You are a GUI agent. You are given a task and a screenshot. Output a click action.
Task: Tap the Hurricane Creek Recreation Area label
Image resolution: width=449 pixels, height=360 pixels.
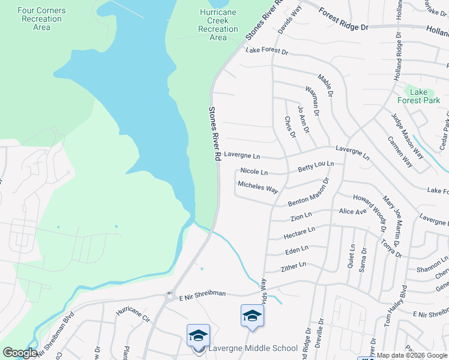[218, 25]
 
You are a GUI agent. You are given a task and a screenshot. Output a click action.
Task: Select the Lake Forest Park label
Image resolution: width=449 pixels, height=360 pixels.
[418, 96]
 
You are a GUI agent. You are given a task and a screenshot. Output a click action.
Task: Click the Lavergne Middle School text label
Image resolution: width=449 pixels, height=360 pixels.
[253, 349]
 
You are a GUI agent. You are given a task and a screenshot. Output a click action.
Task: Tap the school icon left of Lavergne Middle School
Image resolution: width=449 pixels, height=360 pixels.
[198, 335]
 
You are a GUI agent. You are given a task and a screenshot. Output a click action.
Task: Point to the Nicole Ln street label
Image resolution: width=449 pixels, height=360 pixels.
[254, 172]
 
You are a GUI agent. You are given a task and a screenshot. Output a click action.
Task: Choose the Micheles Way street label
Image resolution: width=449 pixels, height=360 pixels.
[258, 187]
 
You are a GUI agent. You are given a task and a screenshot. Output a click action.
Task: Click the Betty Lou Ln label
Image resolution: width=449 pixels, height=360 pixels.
[316, 167]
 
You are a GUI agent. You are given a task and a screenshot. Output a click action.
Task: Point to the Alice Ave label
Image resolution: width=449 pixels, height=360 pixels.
[352, 212]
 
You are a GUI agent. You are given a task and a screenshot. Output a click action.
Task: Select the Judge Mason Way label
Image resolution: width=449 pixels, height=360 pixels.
[408, 136]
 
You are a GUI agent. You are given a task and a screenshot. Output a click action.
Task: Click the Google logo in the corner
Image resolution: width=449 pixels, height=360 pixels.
[20, 353]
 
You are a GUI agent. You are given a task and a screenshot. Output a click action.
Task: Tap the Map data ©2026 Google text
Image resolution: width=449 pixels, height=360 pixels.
[411, 355]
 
